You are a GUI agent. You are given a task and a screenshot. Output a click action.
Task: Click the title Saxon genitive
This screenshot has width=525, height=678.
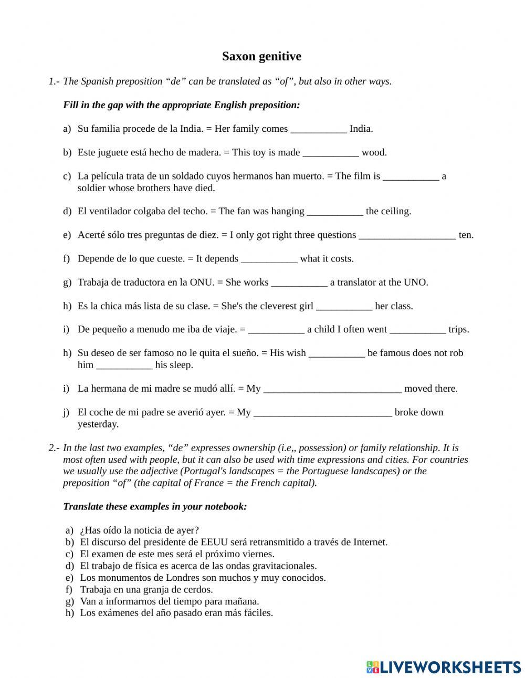click(x=261, y=56)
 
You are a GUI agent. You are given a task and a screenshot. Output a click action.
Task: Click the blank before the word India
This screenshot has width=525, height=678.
click(x=318, y=129)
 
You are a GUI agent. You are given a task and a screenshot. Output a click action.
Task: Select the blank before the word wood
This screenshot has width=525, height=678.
click(x=331, y=153)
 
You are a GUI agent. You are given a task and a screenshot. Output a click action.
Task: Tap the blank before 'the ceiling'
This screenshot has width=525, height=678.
click(x=334, y=212)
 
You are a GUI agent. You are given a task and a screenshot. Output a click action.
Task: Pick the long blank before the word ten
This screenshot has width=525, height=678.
click(x=407, y=235)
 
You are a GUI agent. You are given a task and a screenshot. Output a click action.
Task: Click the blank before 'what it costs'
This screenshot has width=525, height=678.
click(x=269, y=259)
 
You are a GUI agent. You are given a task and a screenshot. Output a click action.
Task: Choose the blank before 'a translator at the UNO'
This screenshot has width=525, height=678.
click(x=299, y=283)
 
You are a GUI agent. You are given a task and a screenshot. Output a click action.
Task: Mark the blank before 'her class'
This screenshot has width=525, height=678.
click(x=344, y=306)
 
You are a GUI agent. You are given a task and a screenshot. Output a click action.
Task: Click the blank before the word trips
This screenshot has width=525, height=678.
click(x=418, y=330)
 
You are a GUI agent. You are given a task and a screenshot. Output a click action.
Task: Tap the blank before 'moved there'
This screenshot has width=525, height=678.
click(x=332, y=389)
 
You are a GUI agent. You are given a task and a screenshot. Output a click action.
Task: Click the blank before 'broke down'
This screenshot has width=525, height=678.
click(x=322, y=412)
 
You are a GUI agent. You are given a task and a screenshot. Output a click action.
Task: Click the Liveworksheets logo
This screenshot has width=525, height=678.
click(x=443, y=667)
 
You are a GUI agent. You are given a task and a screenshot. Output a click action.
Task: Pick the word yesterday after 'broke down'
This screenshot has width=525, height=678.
click(x=98, y=424)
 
